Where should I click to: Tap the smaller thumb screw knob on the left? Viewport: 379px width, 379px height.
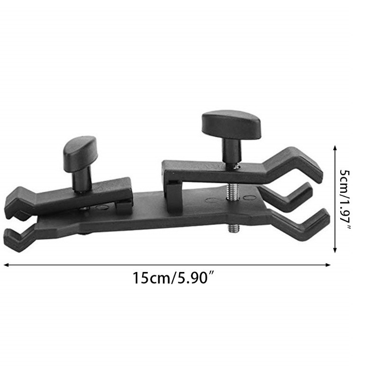[80, 150]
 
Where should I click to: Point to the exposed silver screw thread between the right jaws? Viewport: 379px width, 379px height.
[232, 188]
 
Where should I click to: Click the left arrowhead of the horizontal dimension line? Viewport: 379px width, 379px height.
[6, 265]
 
